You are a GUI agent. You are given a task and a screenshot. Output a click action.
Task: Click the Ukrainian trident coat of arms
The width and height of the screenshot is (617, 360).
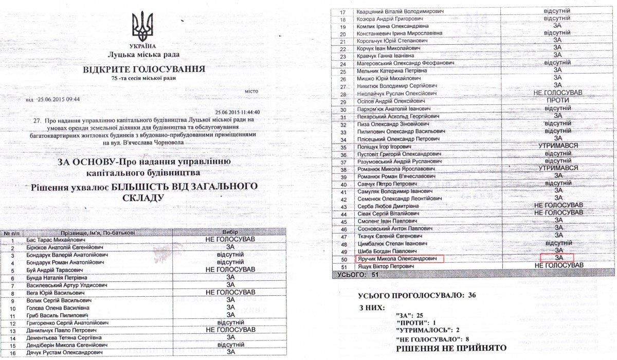[142, 28]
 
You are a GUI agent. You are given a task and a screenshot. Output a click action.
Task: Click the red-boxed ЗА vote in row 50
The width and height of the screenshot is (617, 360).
[557, 257]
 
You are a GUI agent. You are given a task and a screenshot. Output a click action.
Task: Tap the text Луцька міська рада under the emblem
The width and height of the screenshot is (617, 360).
[143, 54]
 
